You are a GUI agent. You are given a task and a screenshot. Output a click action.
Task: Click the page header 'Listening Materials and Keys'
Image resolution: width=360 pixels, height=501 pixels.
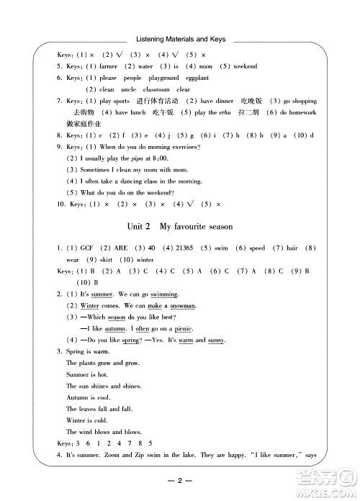click(180, 40)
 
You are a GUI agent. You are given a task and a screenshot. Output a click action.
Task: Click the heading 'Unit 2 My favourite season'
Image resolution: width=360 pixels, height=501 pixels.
click(180, 227)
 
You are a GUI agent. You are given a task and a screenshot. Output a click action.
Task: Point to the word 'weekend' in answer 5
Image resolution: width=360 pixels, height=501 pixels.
click(244, 66)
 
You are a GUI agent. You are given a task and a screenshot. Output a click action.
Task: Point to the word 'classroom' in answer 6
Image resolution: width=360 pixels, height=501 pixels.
click(148, 89)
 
